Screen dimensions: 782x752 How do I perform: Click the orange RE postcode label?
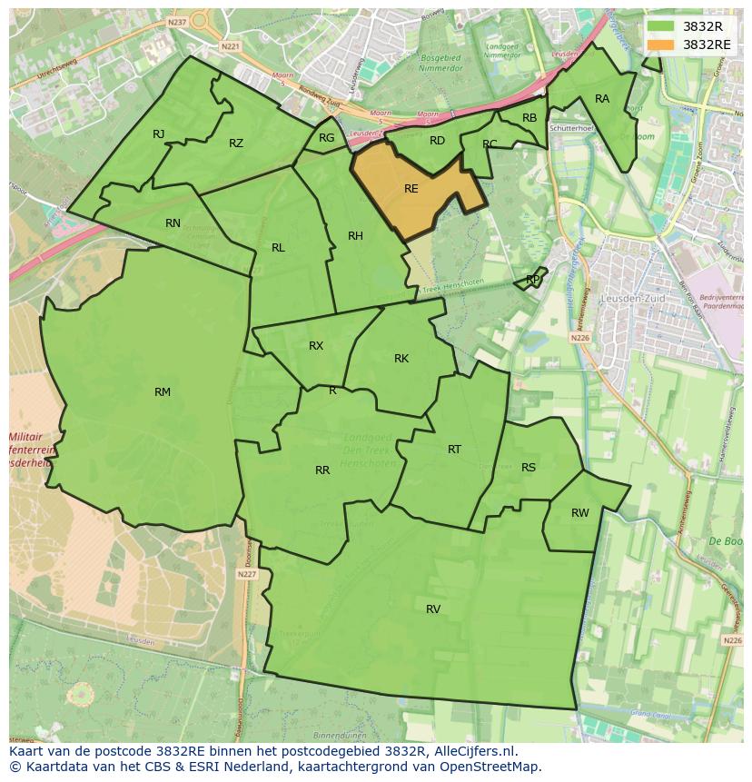tap(411, 189)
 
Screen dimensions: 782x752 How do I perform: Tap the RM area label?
tap(163, 392)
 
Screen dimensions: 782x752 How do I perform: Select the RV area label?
tap(433, 609)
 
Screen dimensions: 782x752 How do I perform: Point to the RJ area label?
tap(159, 134)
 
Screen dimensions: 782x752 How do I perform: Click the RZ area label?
tap(236, 144)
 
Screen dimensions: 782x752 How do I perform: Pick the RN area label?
tap(173, 223)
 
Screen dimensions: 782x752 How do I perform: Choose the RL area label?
tap(278, 248)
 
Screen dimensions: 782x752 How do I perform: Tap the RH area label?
tap(355, 236)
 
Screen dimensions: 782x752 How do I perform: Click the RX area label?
tap(316, 346)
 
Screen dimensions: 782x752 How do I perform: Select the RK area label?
tap(401, 359)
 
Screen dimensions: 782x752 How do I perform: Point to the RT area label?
tap(454, 450)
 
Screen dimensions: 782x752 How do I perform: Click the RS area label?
tap(529, 468)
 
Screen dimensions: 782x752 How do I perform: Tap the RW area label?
tap(579, 513)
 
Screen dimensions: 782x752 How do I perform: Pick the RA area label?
tap(602, 99)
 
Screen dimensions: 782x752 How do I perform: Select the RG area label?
tap(327, 138)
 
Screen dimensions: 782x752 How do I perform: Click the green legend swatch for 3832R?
tap(660, 26)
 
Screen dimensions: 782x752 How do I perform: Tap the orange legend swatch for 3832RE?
tap(660, 45)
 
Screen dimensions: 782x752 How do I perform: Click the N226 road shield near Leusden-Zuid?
tap(580, 338)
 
